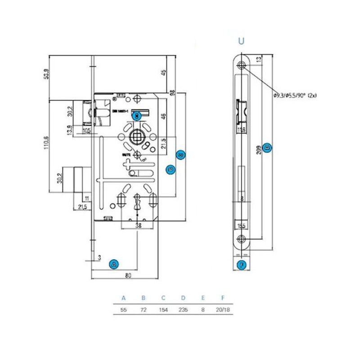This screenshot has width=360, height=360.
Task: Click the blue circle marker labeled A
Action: [114, 264]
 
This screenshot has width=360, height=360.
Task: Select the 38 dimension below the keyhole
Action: [139, 226]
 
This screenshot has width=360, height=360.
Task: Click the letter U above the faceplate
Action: [242, 41]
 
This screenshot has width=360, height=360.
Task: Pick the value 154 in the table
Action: [163, 310]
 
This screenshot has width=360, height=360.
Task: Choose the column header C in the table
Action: [163, 298]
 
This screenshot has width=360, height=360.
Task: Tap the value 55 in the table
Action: [124, 310]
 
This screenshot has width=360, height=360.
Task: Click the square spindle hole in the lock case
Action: [137, 137]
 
